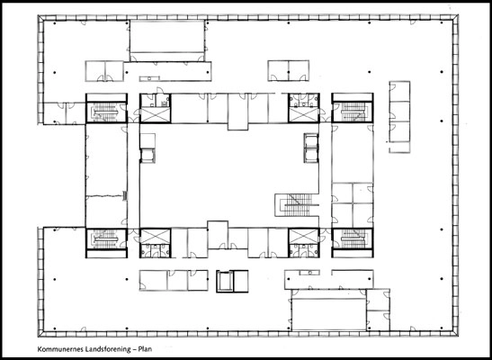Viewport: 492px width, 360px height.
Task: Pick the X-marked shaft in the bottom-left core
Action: click(x=154, y=237)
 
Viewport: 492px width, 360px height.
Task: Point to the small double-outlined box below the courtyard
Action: click(x=232, y=282)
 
